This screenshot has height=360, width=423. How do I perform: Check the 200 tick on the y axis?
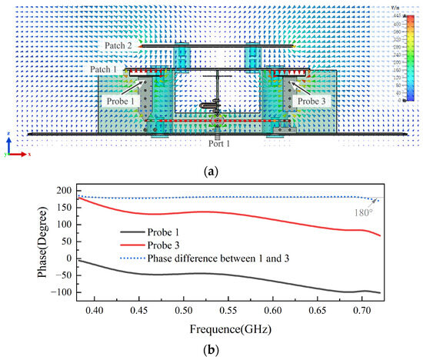click(53, 189)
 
